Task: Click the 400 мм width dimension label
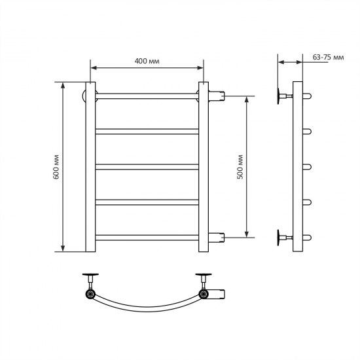pos(147,61)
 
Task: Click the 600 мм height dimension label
pos(56,167)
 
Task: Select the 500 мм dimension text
pos(240,167)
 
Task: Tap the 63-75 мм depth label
pos(329,57)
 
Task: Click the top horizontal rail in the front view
pos(147,96)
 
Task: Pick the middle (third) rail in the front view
pos(147,167)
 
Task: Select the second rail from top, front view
pos(147,132)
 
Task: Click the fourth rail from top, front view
pos(147,202)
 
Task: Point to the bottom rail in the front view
pos(147,238)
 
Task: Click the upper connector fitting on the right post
pos(217,96)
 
